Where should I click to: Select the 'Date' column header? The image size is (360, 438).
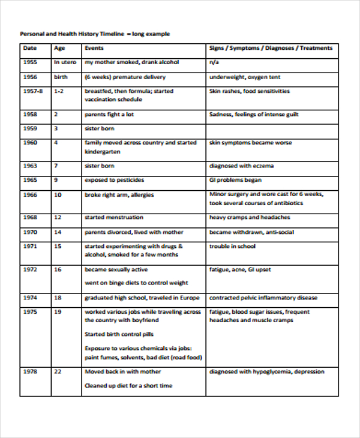click(29, 48)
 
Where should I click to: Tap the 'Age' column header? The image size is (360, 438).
click(59, 48)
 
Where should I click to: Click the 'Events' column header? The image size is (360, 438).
click(94, 48)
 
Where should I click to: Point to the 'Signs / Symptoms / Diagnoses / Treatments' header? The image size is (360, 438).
click(270, 48)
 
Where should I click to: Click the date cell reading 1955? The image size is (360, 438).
click(30, 62)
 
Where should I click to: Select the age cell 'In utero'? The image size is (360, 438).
click(65, 62)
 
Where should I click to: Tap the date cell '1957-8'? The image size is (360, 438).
click(32, 91)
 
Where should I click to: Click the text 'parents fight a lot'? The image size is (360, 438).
click(109, 114)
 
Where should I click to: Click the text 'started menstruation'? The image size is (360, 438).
click(114, 217)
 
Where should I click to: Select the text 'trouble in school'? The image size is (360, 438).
click(232, 246)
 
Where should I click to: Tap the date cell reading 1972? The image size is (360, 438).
click(30, 269)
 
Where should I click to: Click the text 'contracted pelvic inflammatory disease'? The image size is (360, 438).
click(263, 298)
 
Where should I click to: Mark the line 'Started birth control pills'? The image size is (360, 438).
click(119, 334)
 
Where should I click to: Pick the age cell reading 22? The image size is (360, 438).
click(58, 371)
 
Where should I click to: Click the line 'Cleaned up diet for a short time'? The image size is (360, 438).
click(128, 386)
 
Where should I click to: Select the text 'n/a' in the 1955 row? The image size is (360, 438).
click(213, 62)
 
